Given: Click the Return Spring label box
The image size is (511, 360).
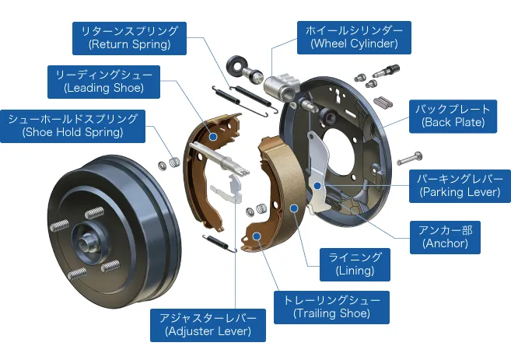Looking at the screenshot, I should (129, 37).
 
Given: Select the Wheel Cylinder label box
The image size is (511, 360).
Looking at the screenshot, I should (354, 37).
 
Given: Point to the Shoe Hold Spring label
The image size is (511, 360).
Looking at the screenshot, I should (72, 125).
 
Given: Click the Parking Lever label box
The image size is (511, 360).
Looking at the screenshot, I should (459, 184).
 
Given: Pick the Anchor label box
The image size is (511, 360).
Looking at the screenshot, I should (446, 236).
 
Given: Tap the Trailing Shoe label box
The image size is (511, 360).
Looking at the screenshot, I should (331, 306).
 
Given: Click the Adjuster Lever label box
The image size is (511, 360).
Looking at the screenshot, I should (208, 324).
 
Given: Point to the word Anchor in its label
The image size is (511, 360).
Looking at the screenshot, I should (446, 243).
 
